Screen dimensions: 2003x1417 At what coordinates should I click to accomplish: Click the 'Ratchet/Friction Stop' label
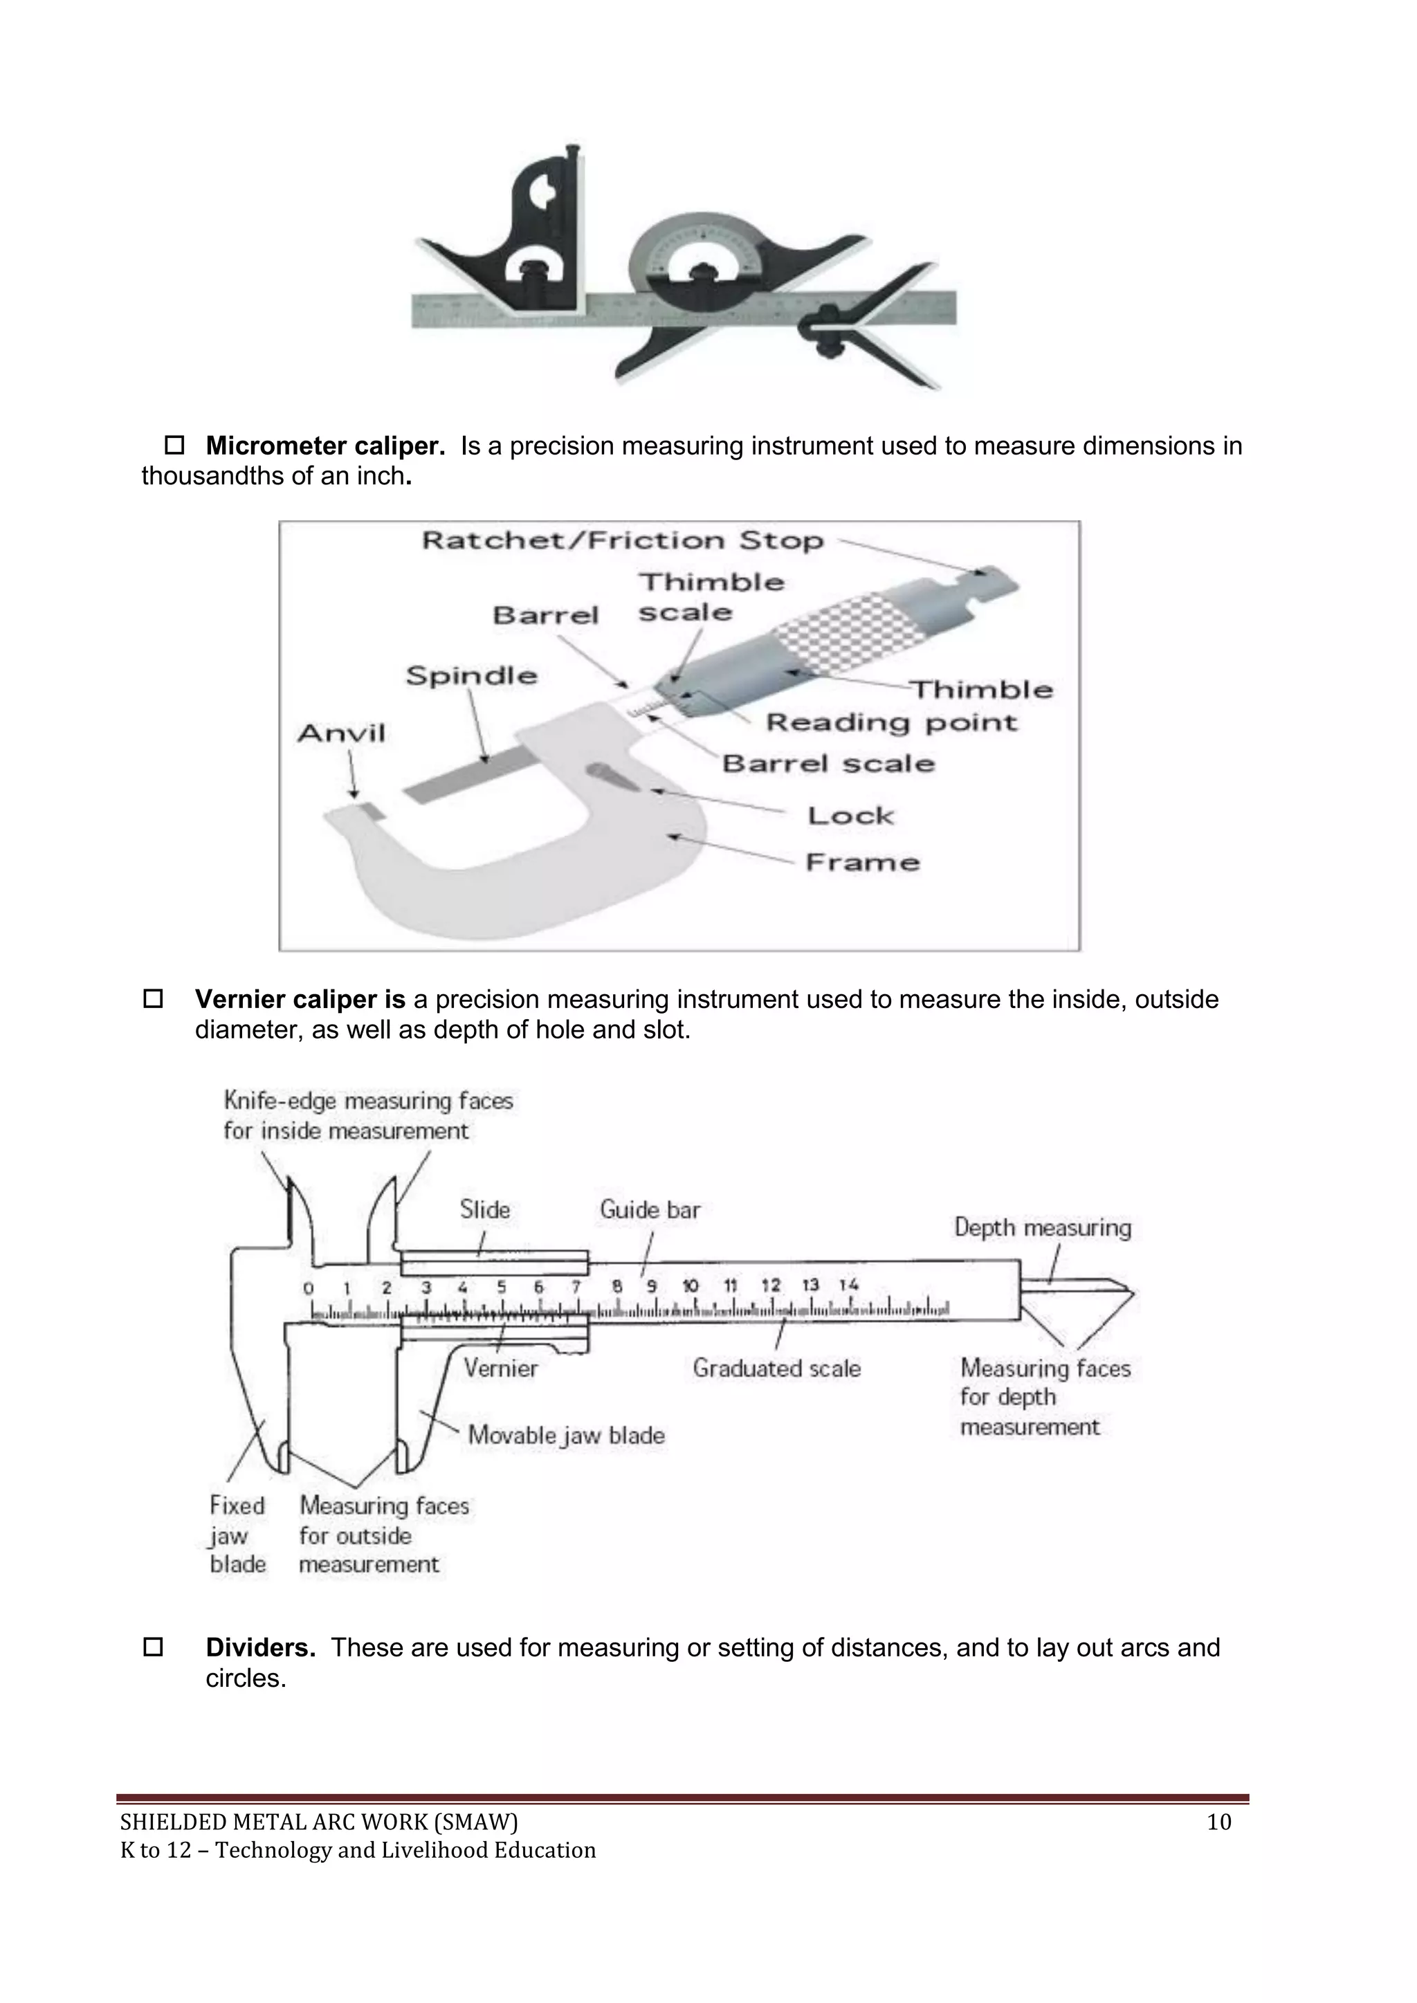click(x=622, y=541)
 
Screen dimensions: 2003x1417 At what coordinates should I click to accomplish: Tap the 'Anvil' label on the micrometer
click(x=341, y=733)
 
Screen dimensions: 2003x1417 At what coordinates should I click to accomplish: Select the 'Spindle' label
click(x=471, y=675)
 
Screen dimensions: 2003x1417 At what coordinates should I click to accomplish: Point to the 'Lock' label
click(x=850, y=816)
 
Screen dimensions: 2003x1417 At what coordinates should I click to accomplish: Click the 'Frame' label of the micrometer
click(x=862, y=862)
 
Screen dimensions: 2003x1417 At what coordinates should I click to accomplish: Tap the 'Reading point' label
click(x=891, y=722)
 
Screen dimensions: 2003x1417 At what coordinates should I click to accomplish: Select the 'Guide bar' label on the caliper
click(x=649, y=1210)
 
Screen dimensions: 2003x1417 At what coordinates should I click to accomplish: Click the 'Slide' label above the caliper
click(x=485, y=1210)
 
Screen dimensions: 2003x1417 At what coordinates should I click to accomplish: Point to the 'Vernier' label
click(x=500, y=1368)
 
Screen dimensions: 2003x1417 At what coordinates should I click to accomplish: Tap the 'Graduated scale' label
click(x=776, y=1368)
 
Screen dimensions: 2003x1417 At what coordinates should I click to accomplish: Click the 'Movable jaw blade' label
click(x=566, y=1435)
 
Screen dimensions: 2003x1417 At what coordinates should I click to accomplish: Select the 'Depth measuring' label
click(x=1042, y=1227)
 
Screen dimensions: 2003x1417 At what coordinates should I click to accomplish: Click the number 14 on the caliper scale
click(x=849, y=1285)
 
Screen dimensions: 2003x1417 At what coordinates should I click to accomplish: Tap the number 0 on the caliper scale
click(x=308, y=1288)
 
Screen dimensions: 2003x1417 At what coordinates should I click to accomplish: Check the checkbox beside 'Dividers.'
click(x=153, y=1648)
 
